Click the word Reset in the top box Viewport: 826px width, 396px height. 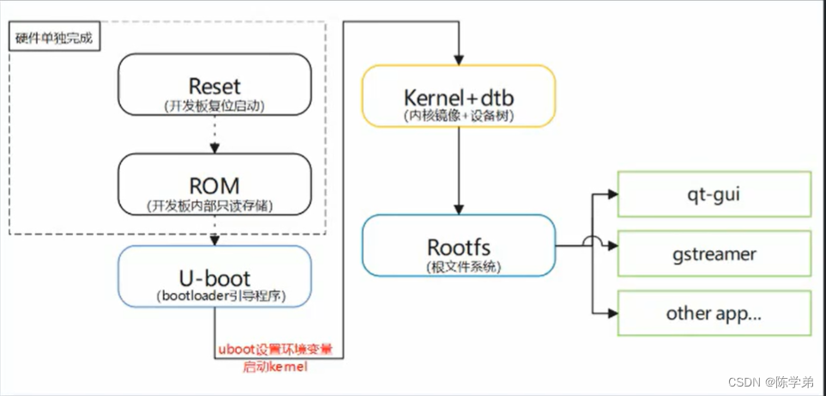[214, 87]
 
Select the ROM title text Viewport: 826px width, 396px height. [214, 186]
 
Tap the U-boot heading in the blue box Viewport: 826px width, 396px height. [214, 278]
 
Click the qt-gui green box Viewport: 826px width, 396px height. [714, 194]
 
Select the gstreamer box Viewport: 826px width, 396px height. [714, 253]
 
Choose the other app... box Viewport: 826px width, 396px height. [714, 313]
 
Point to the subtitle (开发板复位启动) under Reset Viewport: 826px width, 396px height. [214, 107]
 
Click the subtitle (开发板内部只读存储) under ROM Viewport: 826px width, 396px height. [214, 206]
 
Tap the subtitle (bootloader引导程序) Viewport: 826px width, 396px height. [214, 297]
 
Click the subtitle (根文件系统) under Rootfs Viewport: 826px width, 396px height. [459, 267]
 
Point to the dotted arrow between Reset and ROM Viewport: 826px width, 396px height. [214, 135]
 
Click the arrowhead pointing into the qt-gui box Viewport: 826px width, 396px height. [612, 194]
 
